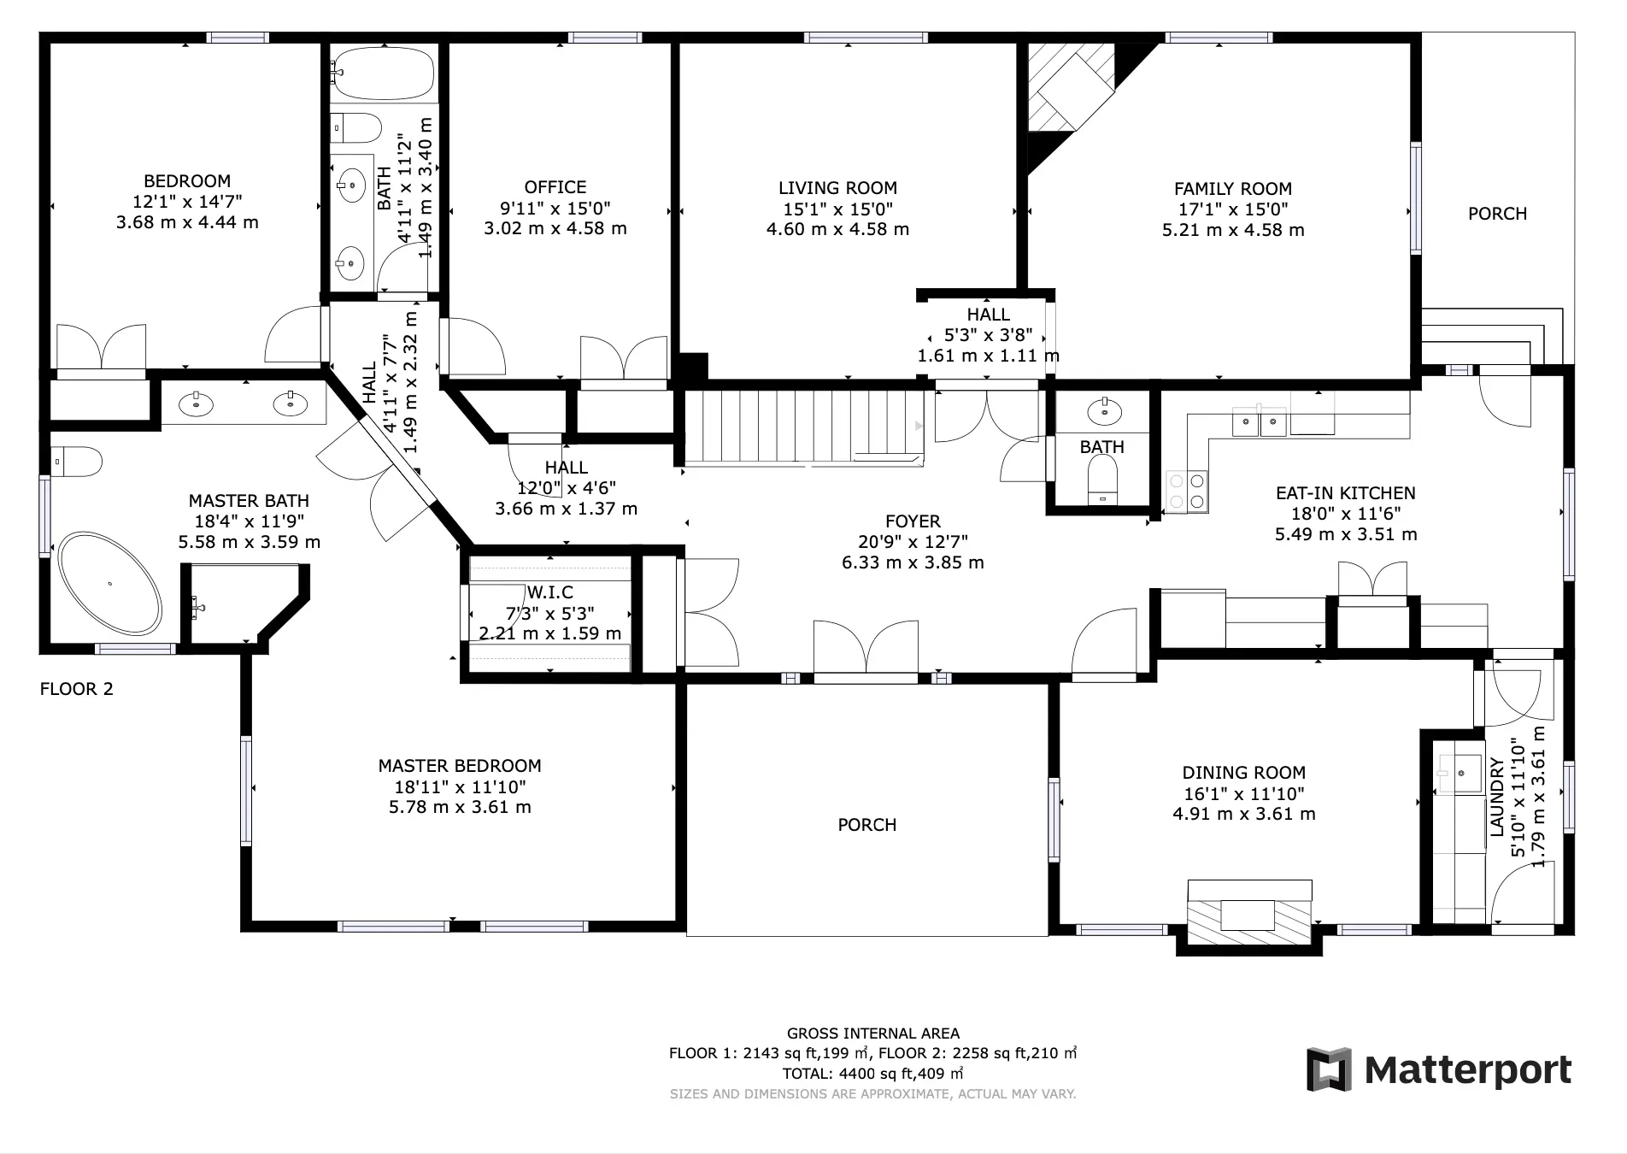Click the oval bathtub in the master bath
pos(109,584)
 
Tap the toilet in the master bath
pos(76,462)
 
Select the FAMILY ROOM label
pos(1232,189)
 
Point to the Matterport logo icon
pos(1329,1069)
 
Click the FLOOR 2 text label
pos(77,689)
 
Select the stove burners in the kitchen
pos(1188,492)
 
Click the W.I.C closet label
pos(549,592)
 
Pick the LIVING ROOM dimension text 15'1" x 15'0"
pos(837,209)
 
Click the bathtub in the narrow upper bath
pos(383,74)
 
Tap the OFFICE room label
pos(555,187)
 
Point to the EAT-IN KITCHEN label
pos(1346,493)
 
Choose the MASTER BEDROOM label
pos(460,766)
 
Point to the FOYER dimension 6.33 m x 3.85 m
pos(913,563)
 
